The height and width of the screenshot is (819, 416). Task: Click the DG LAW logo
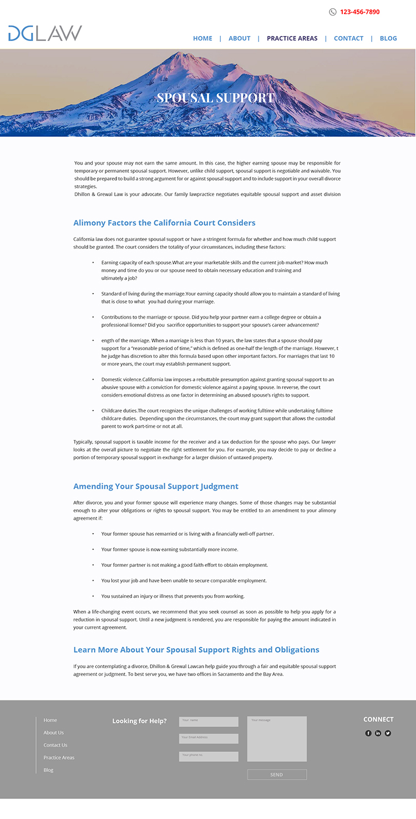(x=45, y=33)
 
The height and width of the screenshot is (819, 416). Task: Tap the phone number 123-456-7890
(x=359, y=12)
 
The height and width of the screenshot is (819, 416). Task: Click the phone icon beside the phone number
(x=333, y=12)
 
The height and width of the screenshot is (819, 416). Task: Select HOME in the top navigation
(x=202, y=38)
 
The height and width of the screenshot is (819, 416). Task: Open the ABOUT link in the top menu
(x=240, y=38)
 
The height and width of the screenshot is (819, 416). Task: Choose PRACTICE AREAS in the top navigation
(x=292, y=38)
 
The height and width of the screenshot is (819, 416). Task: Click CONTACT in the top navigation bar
(x=348, y=38)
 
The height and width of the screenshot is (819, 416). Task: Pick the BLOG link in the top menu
(x=388, y=38)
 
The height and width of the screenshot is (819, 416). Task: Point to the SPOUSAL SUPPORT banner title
(x=215, y=98)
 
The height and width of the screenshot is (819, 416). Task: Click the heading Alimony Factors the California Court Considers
(x=164, y=223)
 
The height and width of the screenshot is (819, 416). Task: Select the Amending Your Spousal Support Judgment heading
(x=156, y=486)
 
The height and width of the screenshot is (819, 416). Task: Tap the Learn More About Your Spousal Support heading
(x=196, y=649)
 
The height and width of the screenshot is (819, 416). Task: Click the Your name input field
(x=209, y=721)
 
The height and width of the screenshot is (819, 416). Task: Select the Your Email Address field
(x=209, y=739)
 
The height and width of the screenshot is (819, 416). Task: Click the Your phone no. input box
(x=209, y=756)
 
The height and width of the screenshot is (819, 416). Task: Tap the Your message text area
(x=277, y=739)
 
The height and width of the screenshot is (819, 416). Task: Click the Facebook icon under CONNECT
(x=368, y=733)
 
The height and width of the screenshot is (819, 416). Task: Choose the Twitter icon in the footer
(x=388, y=733)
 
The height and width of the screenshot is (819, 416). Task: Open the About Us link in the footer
(x=54, y=733)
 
